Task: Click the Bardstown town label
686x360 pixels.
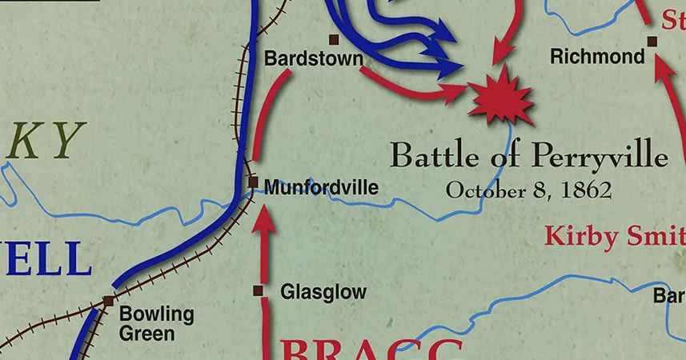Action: [x=313, y=59]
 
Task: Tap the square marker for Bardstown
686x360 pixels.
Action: [x=334, y=39]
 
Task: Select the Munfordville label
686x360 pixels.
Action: [x=320, y=188]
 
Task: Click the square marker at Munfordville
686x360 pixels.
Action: [x=253, y=182]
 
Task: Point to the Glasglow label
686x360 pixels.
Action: [x=323, y=292]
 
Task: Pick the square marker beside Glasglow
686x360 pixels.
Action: [x=258, y=290]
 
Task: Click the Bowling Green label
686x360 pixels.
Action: [x=156, y=322]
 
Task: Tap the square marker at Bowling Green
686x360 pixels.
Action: [x=108, y=301]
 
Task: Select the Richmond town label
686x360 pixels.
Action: [x=597, y=57]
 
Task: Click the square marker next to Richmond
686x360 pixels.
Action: [x=652, y=40]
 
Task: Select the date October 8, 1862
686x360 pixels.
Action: [x=528, y=190]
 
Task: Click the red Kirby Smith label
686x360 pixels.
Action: [x=615, y=237]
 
